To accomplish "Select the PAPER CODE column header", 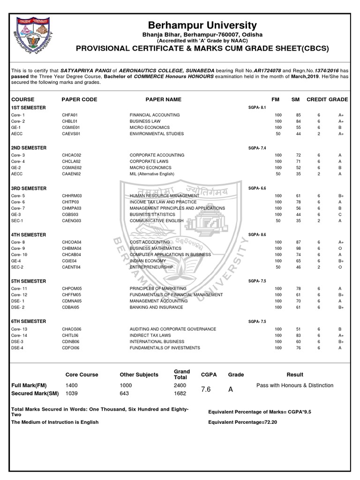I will (79, 99).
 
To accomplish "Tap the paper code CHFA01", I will (69, 114).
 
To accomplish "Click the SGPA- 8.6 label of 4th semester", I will (257, 234).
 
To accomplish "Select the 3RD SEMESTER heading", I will (29, 188).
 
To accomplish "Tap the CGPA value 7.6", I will (206, 390).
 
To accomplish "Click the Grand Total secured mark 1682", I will (180, 394).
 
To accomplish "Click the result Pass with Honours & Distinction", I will (295, 385).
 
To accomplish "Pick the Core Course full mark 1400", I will (72, 385).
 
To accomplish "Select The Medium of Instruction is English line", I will (55, 422).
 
